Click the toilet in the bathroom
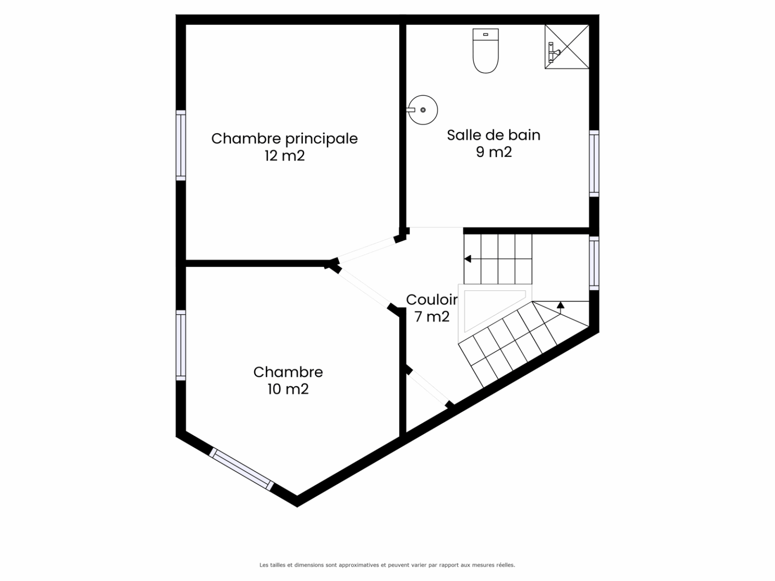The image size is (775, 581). (485, 51)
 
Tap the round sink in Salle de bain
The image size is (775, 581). (423, 110)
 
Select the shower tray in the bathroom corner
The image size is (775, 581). (567, 46)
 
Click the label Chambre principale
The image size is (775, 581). (284, 139)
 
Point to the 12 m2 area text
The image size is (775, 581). (285, 155)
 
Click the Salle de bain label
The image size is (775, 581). (493, 135)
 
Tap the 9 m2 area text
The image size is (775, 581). (493, 152)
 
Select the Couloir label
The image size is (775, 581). (432, 300)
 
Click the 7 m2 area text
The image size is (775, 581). (432, 317)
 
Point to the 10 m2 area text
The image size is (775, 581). (288, 389)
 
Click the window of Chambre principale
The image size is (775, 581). (181, 145)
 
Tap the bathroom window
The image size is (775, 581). (594, 163)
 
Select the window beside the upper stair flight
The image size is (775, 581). (594, 263)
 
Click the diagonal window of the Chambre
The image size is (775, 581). (241, 469)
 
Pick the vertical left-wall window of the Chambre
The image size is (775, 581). (181, 345)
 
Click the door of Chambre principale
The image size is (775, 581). (367, 250)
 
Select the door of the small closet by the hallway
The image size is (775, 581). (428, 387)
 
